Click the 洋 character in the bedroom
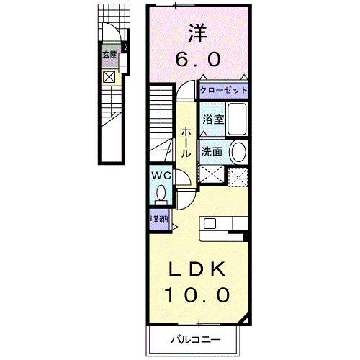[x=197, y=33]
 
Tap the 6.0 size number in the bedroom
[x=198, y=60]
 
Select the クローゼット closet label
[x=223, y=90]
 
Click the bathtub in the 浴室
[x=237, y=119]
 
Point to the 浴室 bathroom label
[x=213, y=120]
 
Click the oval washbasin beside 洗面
[x=238, y=152]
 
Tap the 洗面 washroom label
[x=212, y=152]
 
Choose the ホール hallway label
[x=186, y=143]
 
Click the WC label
[x=161, y=176]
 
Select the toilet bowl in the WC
[x=161, y=194]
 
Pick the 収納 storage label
[x=159, y=219]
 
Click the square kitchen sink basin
[x=210, y=223]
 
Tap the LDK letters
[x=197, y=269]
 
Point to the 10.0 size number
[x=197, y=294]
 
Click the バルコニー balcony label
[x=196, y=340]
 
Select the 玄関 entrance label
[x=110, y=55]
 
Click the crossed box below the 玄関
[x=109, y=77]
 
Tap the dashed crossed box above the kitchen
[x=238, y=177]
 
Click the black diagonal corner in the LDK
[x=245, y=320]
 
